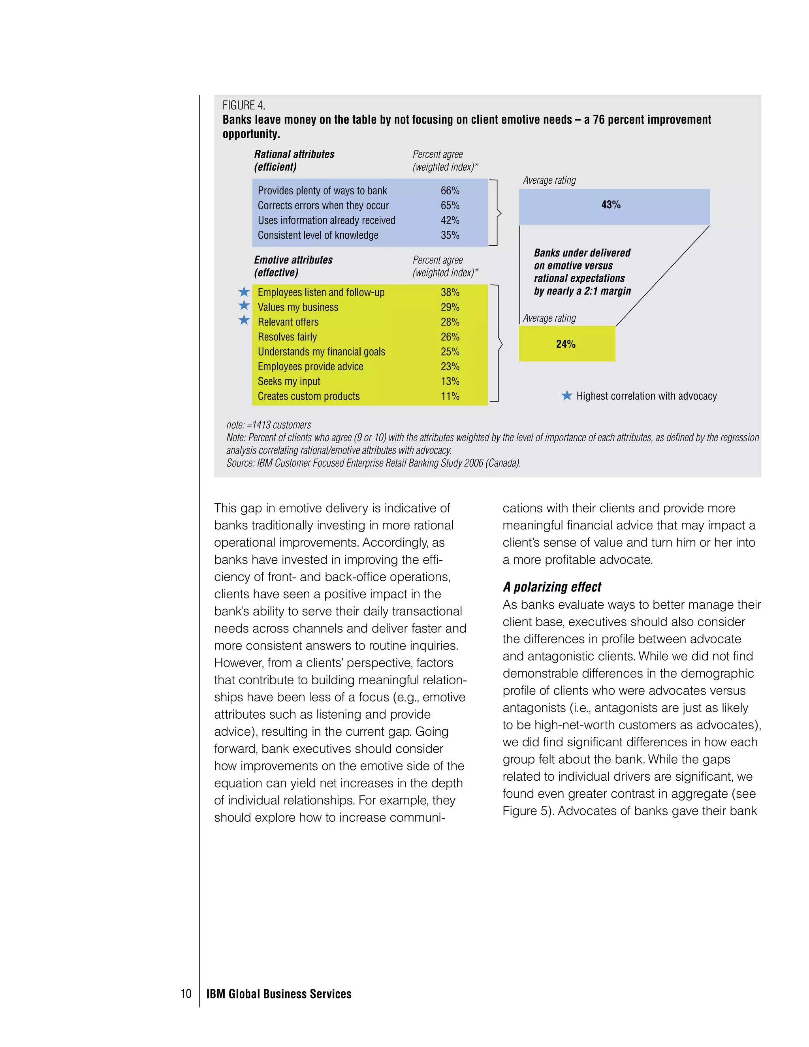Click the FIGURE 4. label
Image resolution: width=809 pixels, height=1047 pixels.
coord(243,105)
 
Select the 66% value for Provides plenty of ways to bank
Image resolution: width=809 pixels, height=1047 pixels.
coord(450,191)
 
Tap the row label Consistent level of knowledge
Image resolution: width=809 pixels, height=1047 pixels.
coord(318,235)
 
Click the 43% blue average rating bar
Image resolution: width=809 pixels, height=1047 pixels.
coord(613,207)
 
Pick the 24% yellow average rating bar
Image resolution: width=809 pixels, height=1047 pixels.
coord(566,344)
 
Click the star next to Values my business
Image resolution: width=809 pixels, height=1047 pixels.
coord(244,306)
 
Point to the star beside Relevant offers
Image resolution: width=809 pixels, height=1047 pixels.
coord(244,320)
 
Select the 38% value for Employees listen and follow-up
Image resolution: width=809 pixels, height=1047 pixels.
coord(450,292)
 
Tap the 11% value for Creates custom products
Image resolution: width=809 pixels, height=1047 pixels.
coord(450,396)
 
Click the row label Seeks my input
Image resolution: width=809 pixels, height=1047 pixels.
coord(289,382)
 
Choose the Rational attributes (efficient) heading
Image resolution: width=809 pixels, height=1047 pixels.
coord(294,160)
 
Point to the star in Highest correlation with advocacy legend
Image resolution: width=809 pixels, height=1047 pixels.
coord(566,395)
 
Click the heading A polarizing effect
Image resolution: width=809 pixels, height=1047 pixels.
coord(551,587)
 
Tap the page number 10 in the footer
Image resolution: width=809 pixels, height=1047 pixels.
coord(186,994)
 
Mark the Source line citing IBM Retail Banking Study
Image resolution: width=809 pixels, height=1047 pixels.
coord(373,463)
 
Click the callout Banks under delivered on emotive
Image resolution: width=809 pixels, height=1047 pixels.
coord(582,272)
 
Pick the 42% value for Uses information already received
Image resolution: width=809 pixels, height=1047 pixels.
coord(450,220)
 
